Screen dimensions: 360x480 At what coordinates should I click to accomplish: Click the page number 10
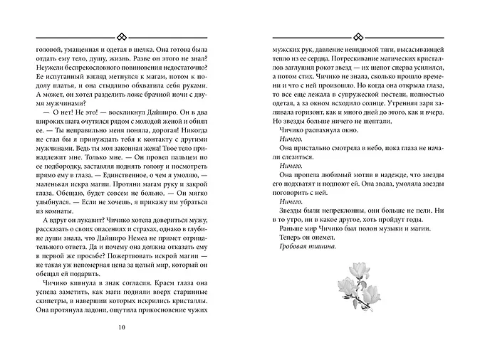[122, 327]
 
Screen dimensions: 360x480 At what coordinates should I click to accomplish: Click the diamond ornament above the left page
[122, 36]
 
